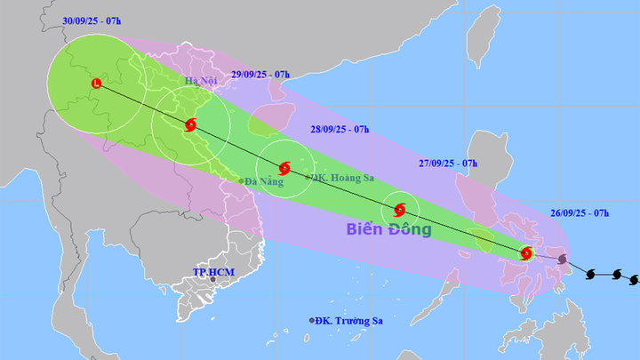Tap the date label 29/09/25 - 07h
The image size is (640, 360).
click(x=260, y=75)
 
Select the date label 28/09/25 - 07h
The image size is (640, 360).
click(x=340, y=129)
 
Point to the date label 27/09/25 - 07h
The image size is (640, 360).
click(x=448, y=164)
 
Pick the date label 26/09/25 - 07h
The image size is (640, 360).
click(x=580, y=214)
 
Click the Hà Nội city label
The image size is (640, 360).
click(x=200, y=82)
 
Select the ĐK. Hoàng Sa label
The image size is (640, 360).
click(x=343, y=178)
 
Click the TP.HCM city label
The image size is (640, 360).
click(x=212, y=271)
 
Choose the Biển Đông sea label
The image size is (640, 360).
click(x=390, y=230)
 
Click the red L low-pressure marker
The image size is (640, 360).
click(x=96, y=84)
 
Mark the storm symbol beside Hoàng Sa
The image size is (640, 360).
click(x=284, y=167)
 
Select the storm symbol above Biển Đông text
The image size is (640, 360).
click(x=399, y=211)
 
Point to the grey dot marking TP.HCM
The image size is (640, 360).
click(x=213, y=280)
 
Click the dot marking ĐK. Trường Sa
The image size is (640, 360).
click(x=312, y=320)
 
